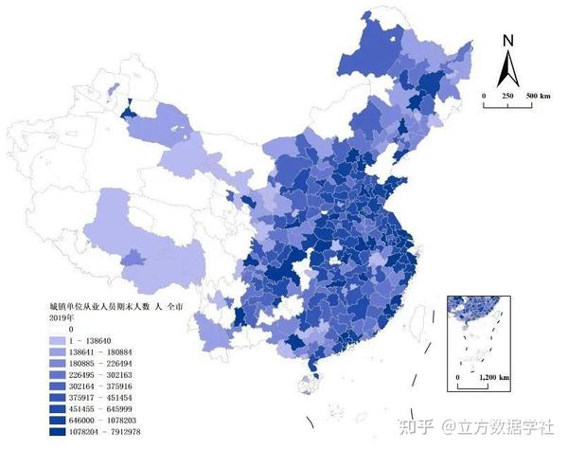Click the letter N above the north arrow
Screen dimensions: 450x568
click(x=507, y=41)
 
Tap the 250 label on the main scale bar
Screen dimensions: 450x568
click(x=507, y=97)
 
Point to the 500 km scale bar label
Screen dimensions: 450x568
click(x=538, y=97)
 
